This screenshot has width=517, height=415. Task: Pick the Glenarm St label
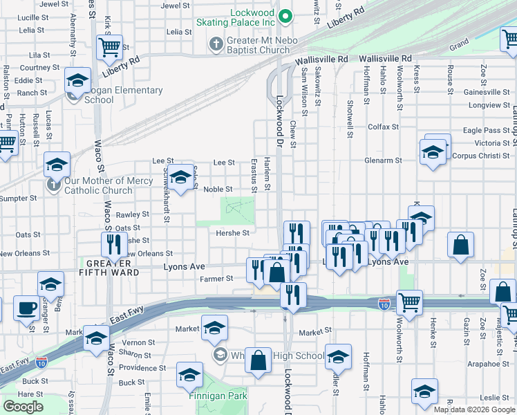[384, 160]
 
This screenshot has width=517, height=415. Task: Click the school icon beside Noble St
[181, 178]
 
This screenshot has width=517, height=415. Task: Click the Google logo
[23, 407]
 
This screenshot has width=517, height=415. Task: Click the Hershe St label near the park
[232, 233]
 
